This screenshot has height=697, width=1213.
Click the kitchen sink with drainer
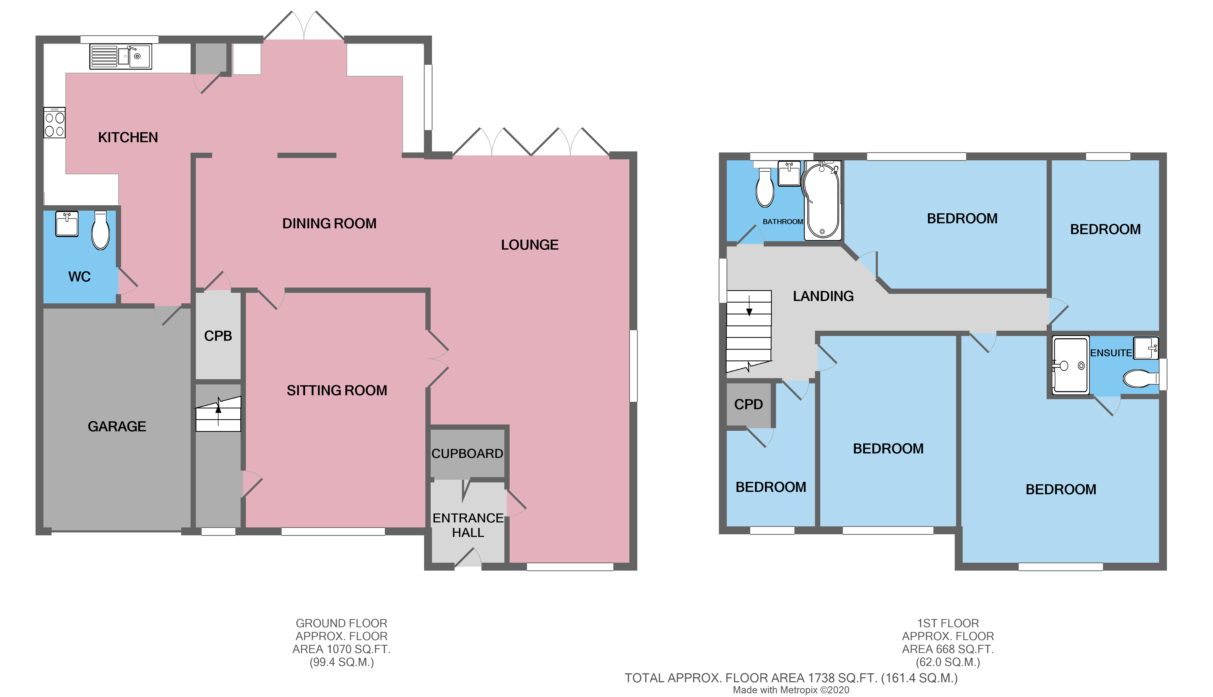[121, 57]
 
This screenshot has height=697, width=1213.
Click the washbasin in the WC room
[67, 224]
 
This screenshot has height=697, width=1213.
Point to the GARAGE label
[117, 426]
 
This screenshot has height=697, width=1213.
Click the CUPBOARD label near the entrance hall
[467, 453]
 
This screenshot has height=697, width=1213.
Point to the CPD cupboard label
[748, 404]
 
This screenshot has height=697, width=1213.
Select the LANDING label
[823, 296]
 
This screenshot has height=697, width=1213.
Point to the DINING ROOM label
[329, 224]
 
